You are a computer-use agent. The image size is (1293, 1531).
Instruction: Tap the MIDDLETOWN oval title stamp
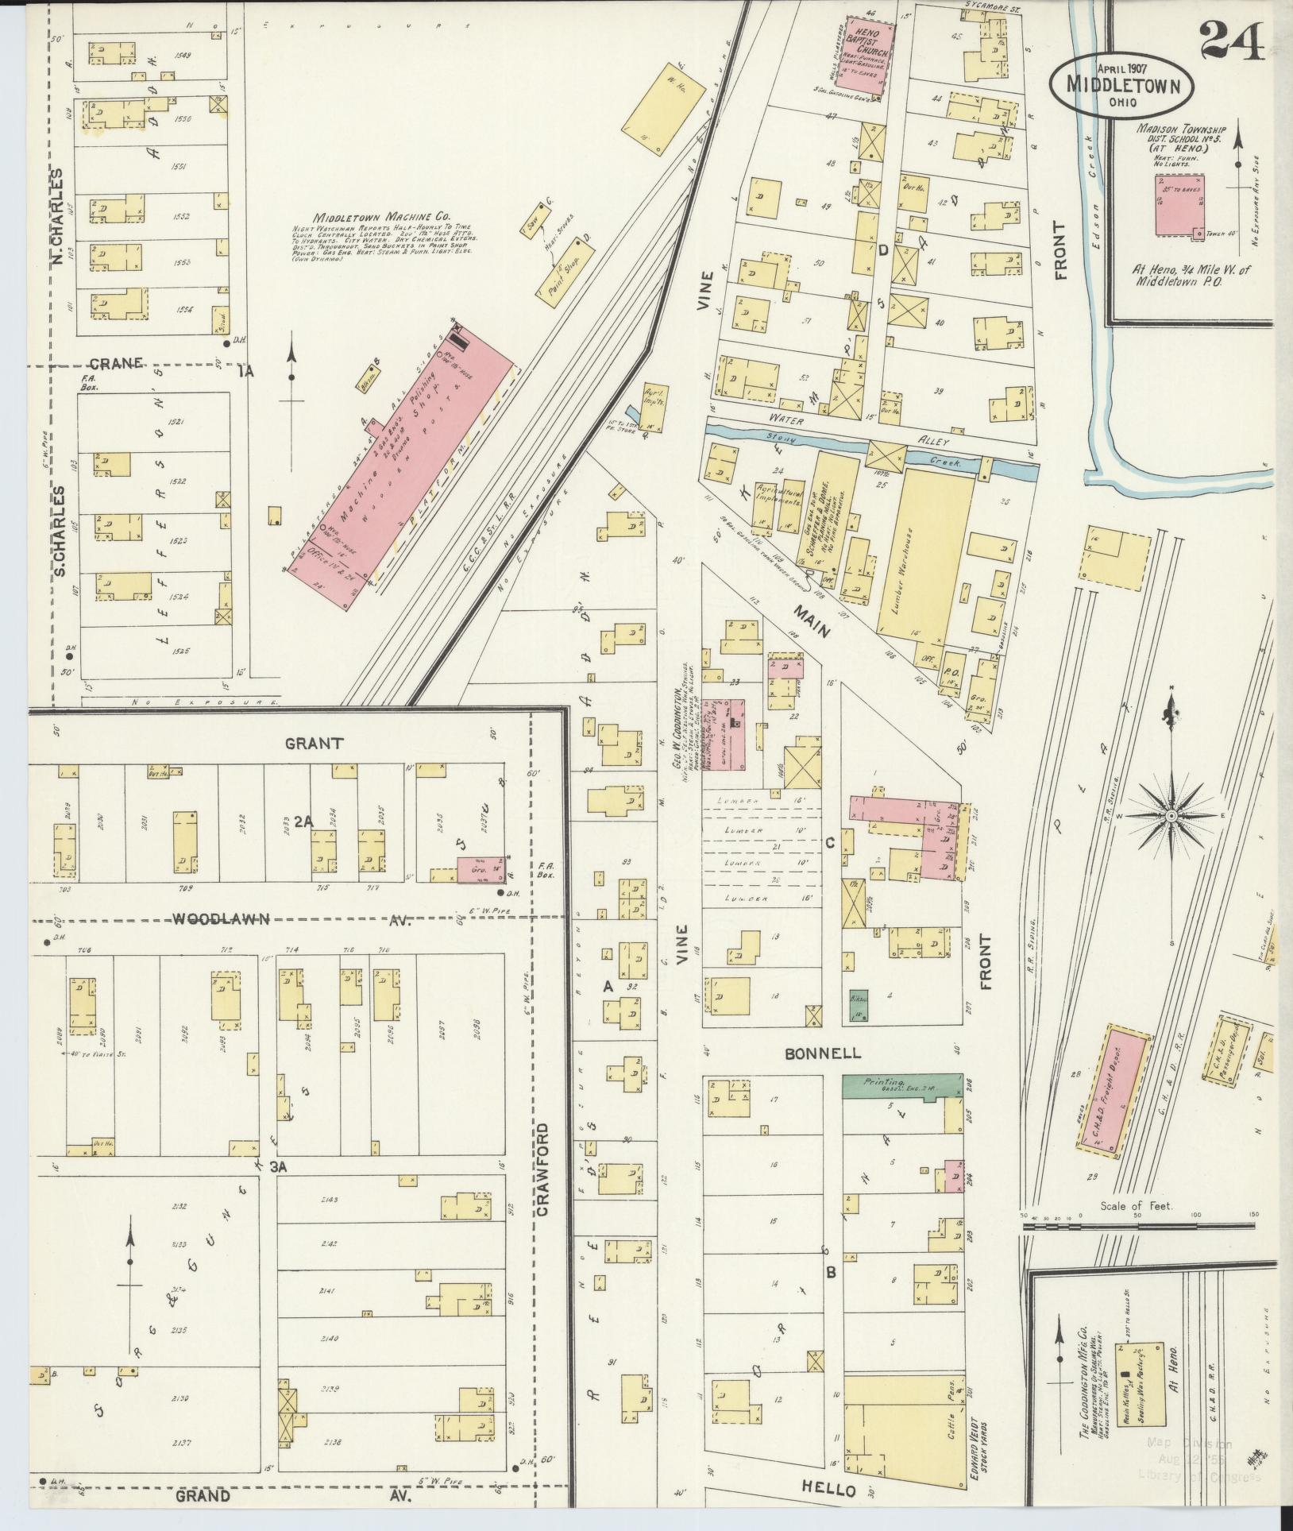coord(1122,84)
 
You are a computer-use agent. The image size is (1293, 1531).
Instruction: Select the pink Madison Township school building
coord(1179,205)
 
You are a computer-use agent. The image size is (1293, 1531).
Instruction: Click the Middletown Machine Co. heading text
coord(381,217)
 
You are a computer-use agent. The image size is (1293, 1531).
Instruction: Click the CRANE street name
coord(116,363)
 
